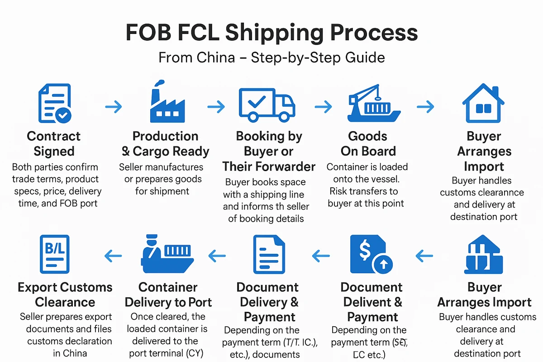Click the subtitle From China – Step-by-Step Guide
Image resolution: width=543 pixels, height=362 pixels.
pyautogui.click(x=271, y=57)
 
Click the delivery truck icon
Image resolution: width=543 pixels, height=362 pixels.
pyautogui.click(x=266, y=105)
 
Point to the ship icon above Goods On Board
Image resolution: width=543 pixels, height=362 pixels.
pyautogui.click(x=374, y=104)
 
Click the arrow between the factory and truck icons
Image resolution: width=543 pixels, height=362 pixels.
pyautogui.click(x=216, y=107)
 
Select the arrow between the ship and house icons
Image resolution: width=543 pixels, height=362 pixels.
pyautogui.click(x=425, y=107)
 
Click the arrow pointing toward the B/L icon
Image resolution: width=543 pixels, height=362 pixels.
pyautogui.click(x=113, y=257)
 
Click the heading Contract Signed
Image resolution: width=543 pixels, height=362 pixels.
pyautogui.click(x=53, y=143)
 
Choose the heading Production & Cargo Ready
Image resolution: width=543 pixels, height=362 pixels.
pyautogui.click(x=165, y=143)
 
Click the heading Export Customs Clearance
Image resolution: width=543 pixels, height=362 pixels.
pyautogui.click(x=65, y=295)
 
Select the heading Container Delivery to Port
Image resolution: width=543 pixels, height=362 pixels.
pyautogui.click(x=168, y=295)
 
